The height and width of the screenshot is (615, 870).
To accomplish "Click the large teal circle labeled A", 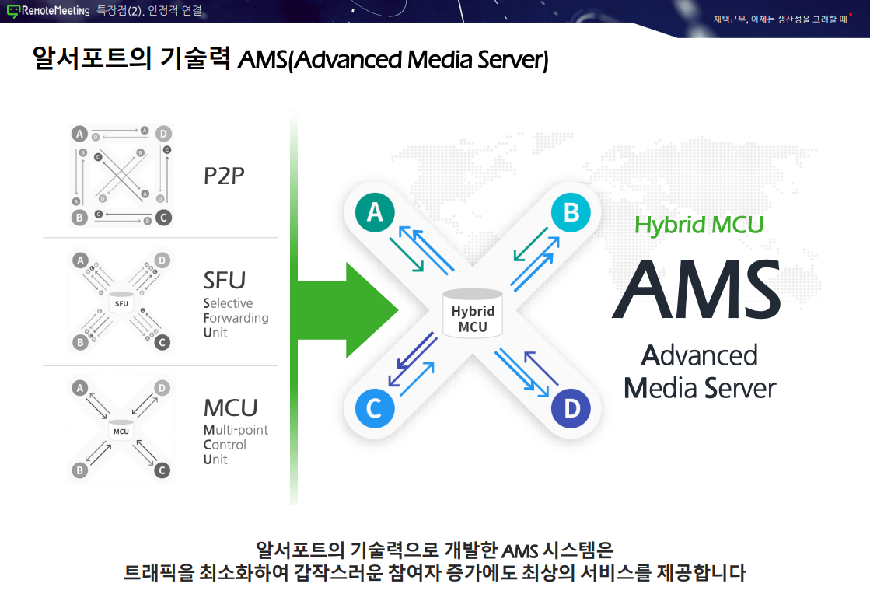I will [375, 211].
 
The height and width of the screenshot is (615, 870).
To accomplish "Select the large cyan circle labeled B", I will [571, 211].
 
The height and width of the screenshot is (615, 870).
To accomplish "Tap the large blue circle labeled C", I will [374, 408].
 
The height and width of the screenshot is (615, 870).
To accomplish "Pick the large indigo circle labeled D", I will [571, 408].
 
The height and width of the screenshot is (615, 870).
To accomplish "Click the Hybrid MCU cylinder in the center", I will [472, 313].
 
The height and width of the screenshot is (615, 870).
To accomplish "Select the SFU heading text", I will [224, 280].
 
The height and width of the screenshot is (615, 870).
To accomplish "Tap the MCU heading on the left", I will [230, 407].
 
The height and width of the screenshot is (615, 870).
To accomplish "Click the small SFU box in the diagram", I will [121, 302].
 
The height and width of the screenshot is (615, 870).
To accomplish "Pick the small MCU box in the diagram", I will [121, 431].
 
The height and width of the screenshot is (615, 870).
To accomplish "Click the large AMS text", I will [696, 288].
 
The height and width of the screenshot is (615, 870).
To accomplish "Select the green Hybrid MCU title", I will [699, 225].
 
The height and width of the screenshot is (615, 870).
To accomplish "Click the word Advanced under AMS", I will [699, 355].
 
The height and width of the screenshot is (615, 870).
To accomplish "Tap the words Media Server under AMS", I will [700, 387].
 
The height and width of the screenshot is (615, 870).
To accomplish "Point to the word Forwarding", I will [236, 318].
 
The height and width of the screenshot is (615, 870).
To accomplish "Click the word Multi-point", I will [236, 430].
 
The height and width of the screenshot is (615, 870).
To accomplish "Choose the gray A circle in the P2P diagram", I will [79, 134].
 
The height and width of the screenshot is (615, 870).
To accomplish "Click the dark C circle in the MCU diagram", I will [162, 470].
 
